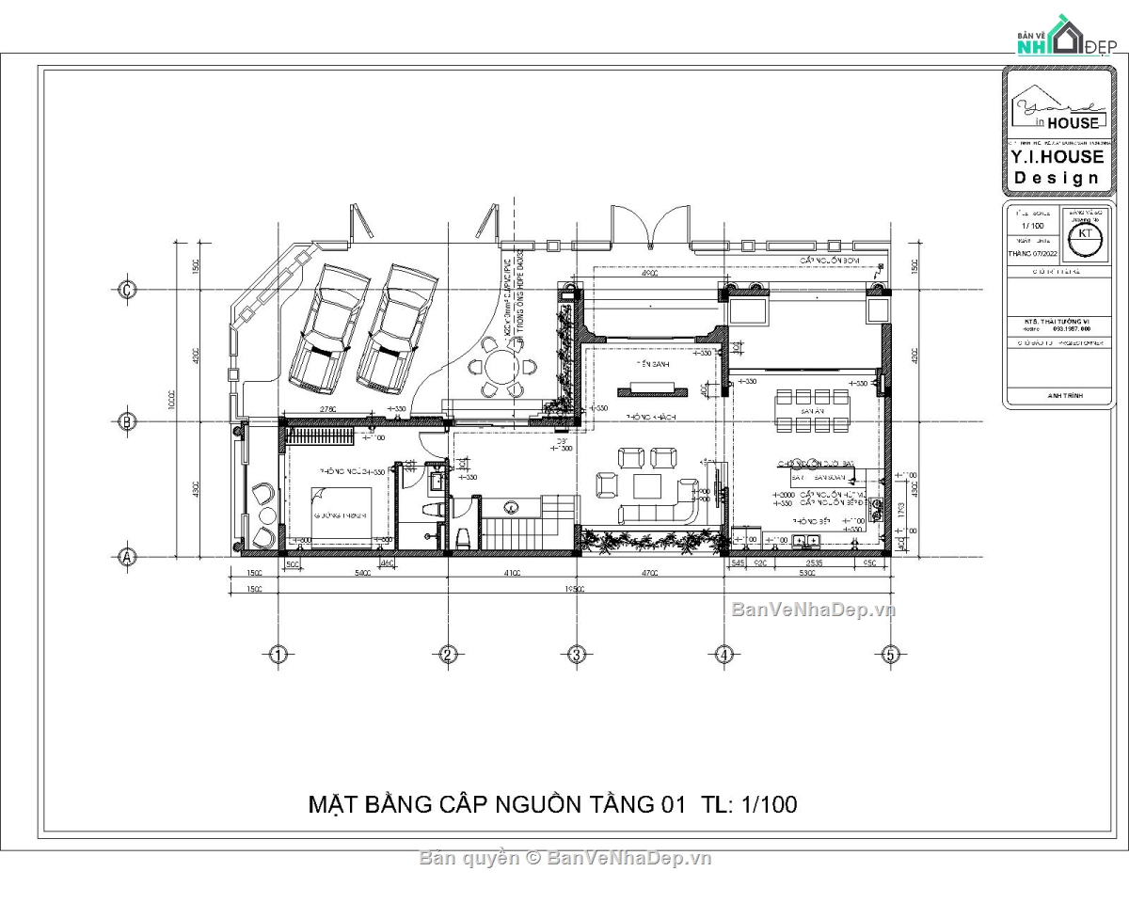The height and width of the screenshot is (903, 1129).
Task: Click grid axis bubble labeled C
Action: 127,290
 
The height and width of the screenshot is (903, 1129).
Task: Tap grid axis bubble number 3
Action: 577,655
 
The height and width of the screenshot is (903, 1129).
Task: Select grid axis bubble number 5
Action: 889,655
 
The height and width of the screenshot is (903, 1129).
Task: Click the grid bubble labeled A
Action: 127,557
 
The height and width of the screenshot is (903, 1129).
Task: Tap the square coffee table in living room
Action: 648,485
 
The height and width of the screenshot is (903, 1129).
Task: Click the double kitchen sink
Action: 807,541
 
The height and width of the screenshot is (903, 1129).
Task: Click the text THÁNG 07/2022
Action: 1032,253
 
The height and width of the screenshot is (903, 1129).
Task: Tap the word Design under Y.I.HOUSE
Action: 1057,178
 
